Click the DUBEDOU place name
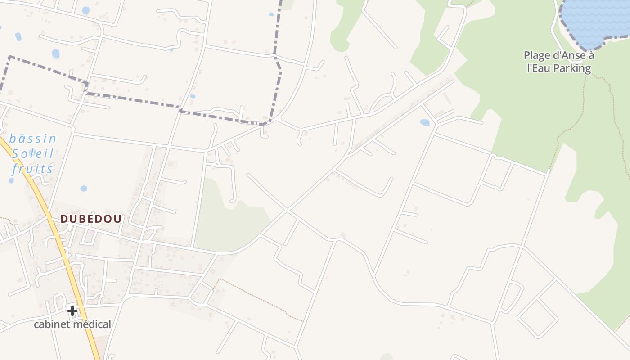click(x=91, y=219)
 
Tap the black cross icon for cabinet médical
click(x=72, y=310)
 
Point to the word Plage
click(x=536, y=56)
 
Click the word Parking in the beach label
click(x=571, y=68)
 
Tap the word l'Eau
click(x=538, y=68)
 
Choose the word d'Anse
click(x=569, y=56)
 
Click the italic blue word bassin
click(x=33, y=139)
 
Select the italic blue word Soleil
click(x=33, y=154)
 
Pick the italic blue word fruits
click(x=32, y=169)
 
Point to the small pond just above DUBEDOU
click(x=84, y=189)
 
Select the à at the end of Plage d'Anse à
click(x=591, y=56)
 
